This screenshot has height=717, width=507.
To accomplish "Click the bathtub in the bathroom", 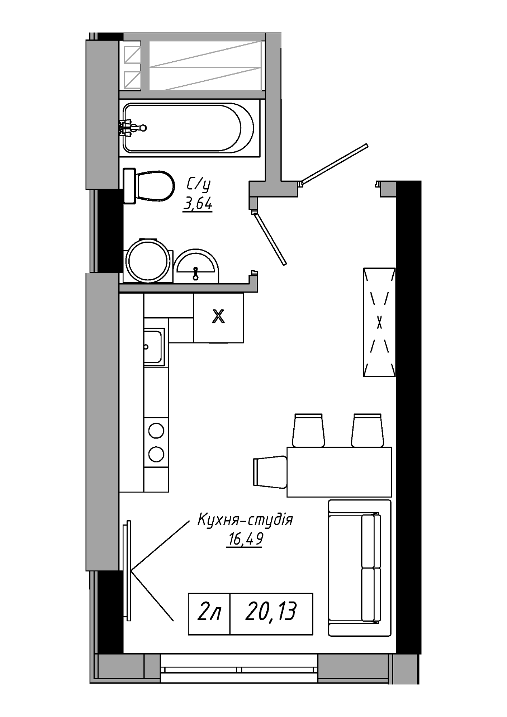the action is tap(189, 128).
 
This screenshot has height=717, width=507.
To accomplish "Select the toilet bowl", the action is tap(149, 186).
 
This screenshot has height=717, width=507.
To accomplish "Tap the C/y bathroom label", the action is tap(198, 185).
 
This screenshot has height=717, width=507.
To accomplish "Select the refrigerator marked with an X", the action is tap(218, 317).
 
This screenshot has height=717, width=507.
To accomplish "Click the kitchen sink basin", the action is tap(153, 347).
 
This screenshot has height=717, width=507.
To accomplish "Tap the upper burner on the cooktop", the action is tap(156, 430).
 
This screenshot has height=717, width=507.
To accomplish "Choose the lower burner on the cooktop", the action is tap(156, 454).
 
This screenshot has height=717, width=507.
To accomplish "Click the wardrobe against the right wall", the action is tap(379, 322).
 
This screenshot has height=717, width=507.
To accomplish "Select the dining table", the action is tap(339, 472).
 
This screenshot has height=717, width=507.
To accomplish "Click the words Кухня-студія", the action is tap(246, 519).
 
